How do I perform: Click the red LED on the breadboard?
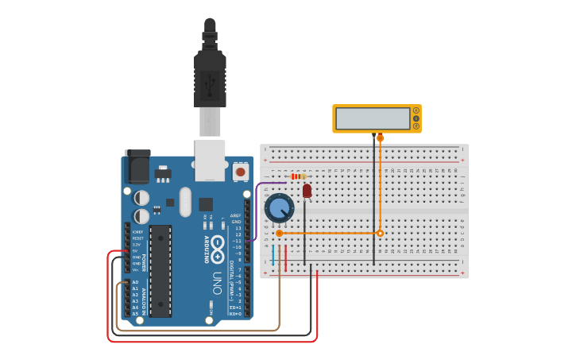[x=307, y=191]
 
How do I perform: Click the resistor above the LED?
[x=298, y=176]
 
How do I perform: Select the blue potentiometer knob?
[x=279, y=208]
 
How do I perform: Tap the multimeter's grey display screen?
[x=373, y=118]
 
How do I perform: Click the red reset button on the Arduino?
[x=240, y=171]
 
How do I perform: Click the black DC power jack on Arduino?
[x=137, y=166]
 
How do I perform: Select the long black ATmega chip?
[x=160, y=271]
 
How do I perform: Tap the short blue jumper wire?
[x=273, y=255]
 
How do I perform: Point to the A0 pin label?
[x=135, y=282]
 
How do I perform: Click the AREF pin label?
[x=235, y=215]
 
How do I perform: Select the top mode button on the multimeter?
[x=416, y=110]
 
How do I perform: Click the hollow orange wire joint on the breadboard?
[x=380, y=233]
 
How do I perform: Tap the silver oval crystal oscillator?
[x=185, y=202]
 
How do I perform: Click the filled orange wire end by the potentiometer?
[x=279, y=233]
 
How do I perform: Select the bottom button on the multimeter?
[x=416, y=126]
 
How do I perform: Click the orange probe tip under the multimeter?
[x=380, y=138]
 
